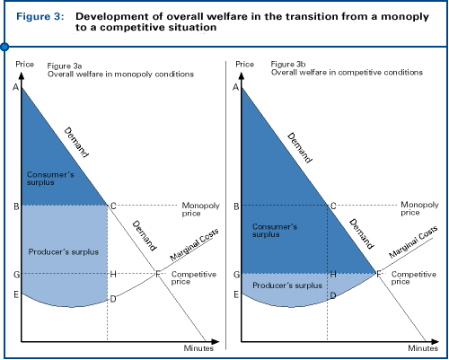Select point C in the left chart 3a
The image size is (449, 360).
112,206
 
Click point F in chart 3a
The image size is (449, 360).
159,272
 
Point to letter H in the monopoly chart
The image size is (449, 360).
112,274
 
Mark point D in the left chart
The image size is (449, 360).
112,298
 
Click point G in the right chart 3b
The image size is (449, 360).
235,273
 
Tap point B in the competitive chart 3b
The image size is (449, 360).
235,206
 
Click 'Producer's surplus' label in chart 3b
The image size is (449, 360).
286,285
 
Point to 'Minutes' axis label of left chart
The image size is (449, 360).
198,347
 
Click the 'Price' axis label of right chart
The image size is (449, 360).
243,66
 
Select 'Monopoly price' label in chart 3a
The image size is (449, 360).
200,208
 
